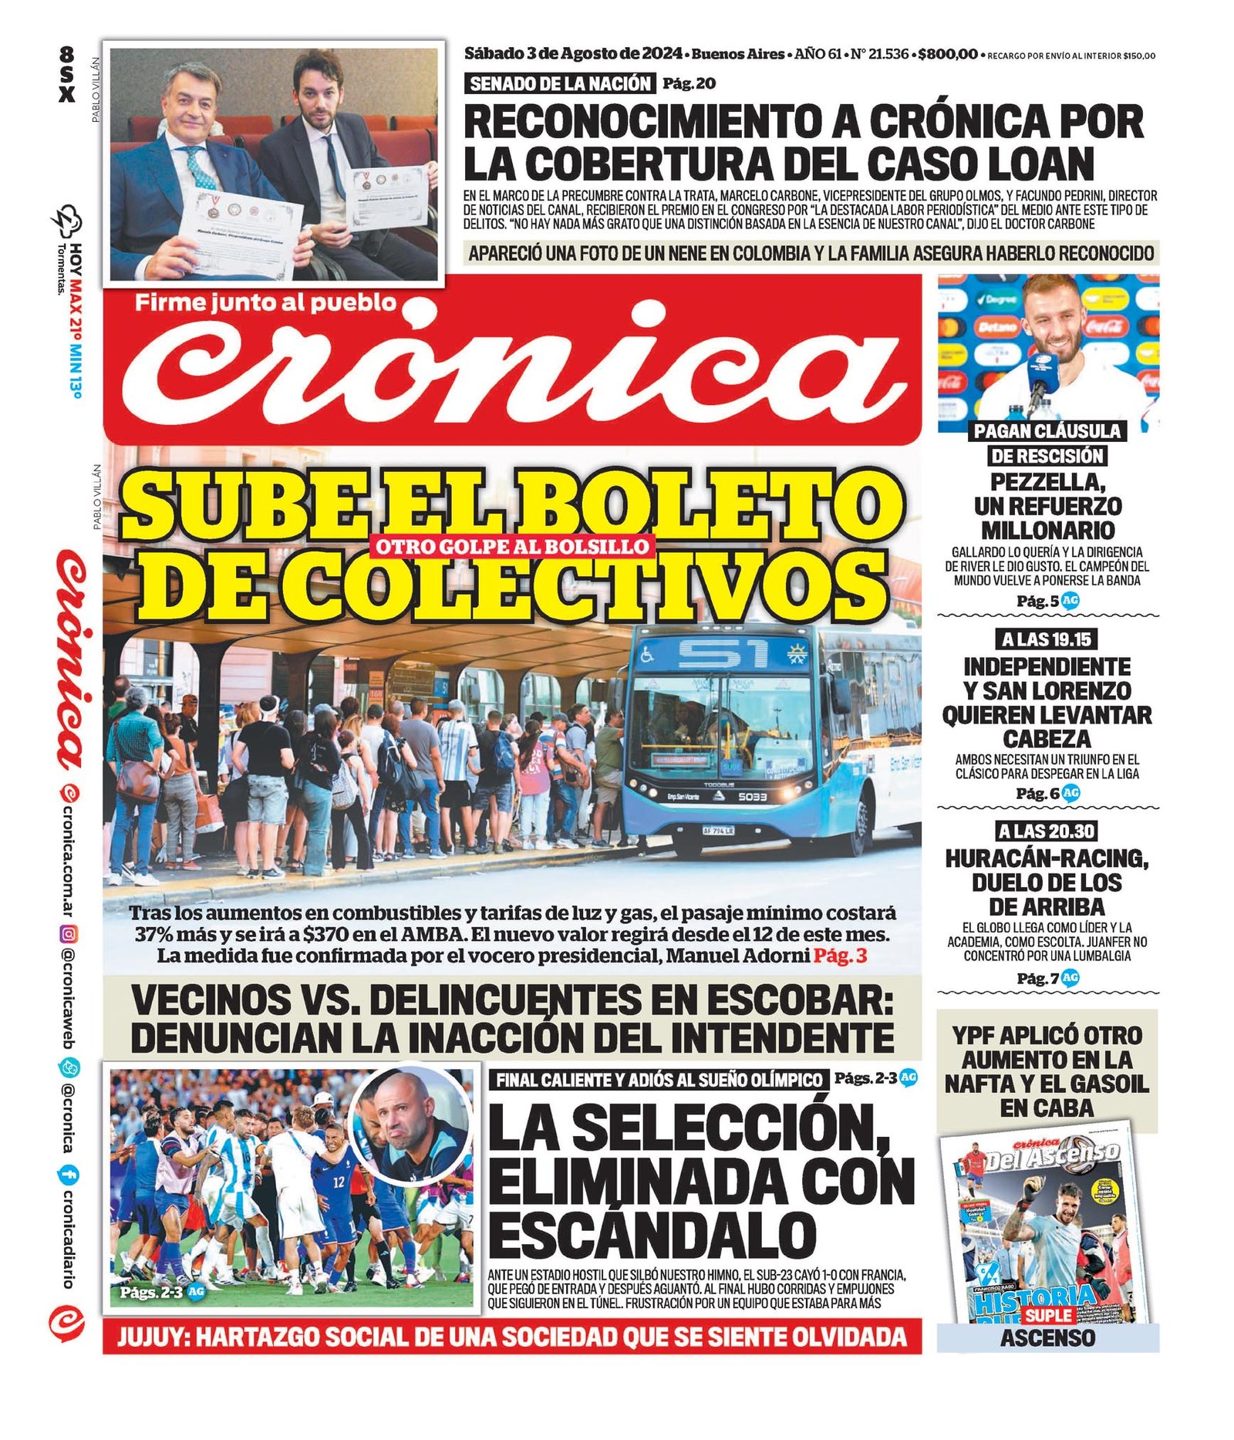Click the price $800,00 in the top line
coord(948,54)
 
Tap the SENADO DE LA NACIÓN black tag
coord(560,83)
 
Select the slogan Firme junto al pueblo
coord(265,302)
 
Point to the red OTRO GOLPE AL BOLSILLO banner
coord(511,546)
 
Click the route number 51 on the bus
coord(722,655)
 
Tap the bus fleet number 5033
coord(752,796)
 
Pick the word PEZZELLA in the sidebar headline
coord(1047,482)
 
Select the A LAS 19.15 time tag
coord(1047,639)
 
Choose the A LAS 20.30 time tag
coord(1047,831)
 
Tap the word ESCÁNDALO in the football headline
coord(652,1236)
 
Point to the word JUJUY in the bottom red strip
coord(151,1337)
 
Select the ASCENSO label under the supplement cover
coord(1047,1337)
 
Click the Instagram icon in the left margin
coord(68,935)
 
